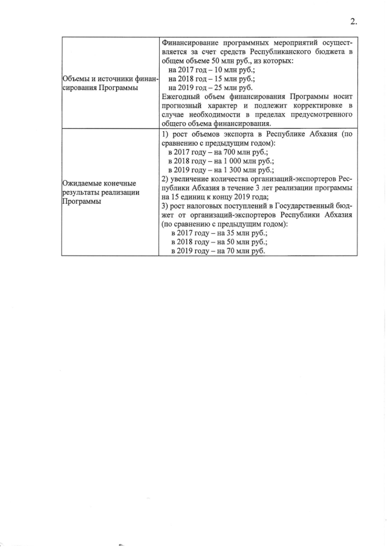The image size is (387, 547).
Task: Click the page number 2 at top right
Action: point(353,22)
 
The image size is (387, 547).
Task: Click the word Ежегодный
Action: point(183,97)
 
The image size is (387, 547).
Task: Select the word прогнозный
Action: point(184,106)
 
